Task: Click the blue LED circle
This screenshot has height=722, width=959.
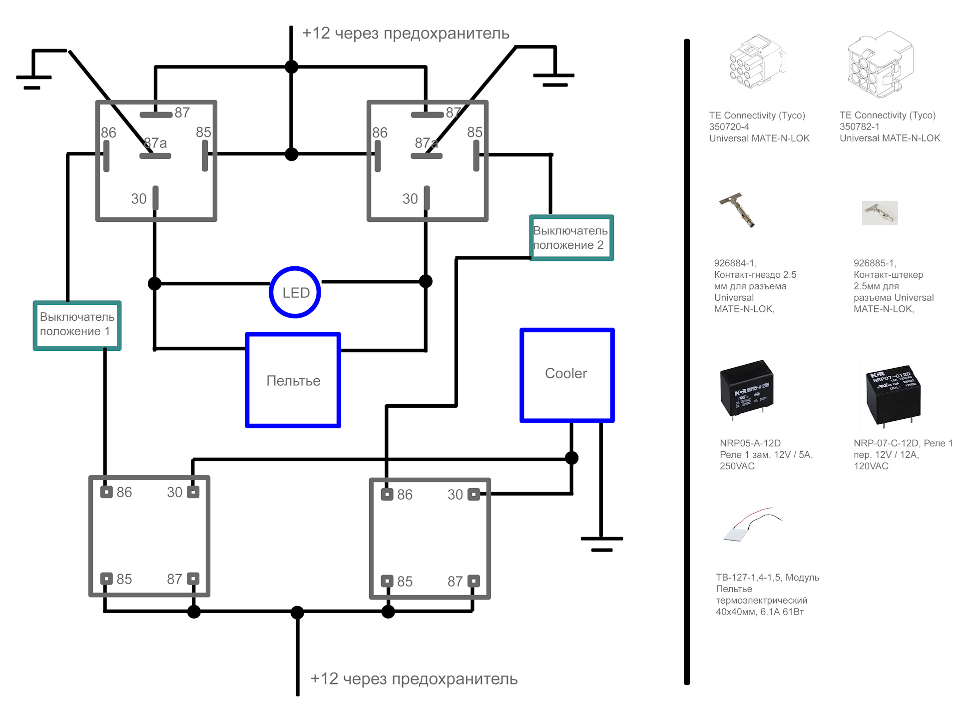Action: (x=295, y=292)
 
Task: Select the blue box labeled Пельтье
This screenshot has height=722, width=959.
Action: (x=293, y=380)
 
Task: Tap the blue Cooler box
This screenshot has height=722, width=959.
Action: (x=567, y=375)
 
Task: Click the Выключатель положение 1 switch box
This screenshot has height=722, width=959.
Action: (x=77, y=325)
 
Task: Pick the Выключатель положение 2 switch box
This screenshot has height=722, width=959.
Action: (x=571, y=238)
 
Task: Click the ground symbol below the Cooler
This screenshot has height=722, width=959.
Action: (x=601, y=543)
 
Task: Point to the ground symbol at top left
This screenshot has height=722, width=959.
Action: (x=33, y=80)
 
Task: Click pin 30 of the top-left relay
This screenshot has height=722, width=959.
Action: (x=155, y=198)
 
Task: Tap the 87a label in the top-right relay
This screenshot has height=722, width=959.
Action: (x=426, y=143)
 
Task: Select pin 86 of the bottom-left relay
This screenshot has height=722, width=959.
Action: (x=106, y=492)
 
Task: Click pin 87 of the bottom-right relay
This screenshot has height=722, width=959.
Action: (x=474, y=581)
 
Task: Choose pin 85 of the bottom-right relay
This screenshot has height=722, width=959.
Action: (x=387, y=581)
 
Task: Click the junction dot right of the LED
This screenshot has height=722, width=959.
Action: (x=426, y=281)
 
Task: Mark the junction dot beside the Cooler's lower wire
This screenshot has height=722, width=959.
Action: (x=571, y=458)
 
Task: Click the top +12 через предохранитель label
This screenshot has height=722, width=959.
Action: (x=406, y=33)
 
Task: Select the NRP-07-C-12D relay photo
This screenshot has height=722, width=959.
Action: (x=892, y=395)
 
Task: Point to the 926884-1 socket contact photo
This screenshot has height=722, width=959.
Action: (x=738, y=210)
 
